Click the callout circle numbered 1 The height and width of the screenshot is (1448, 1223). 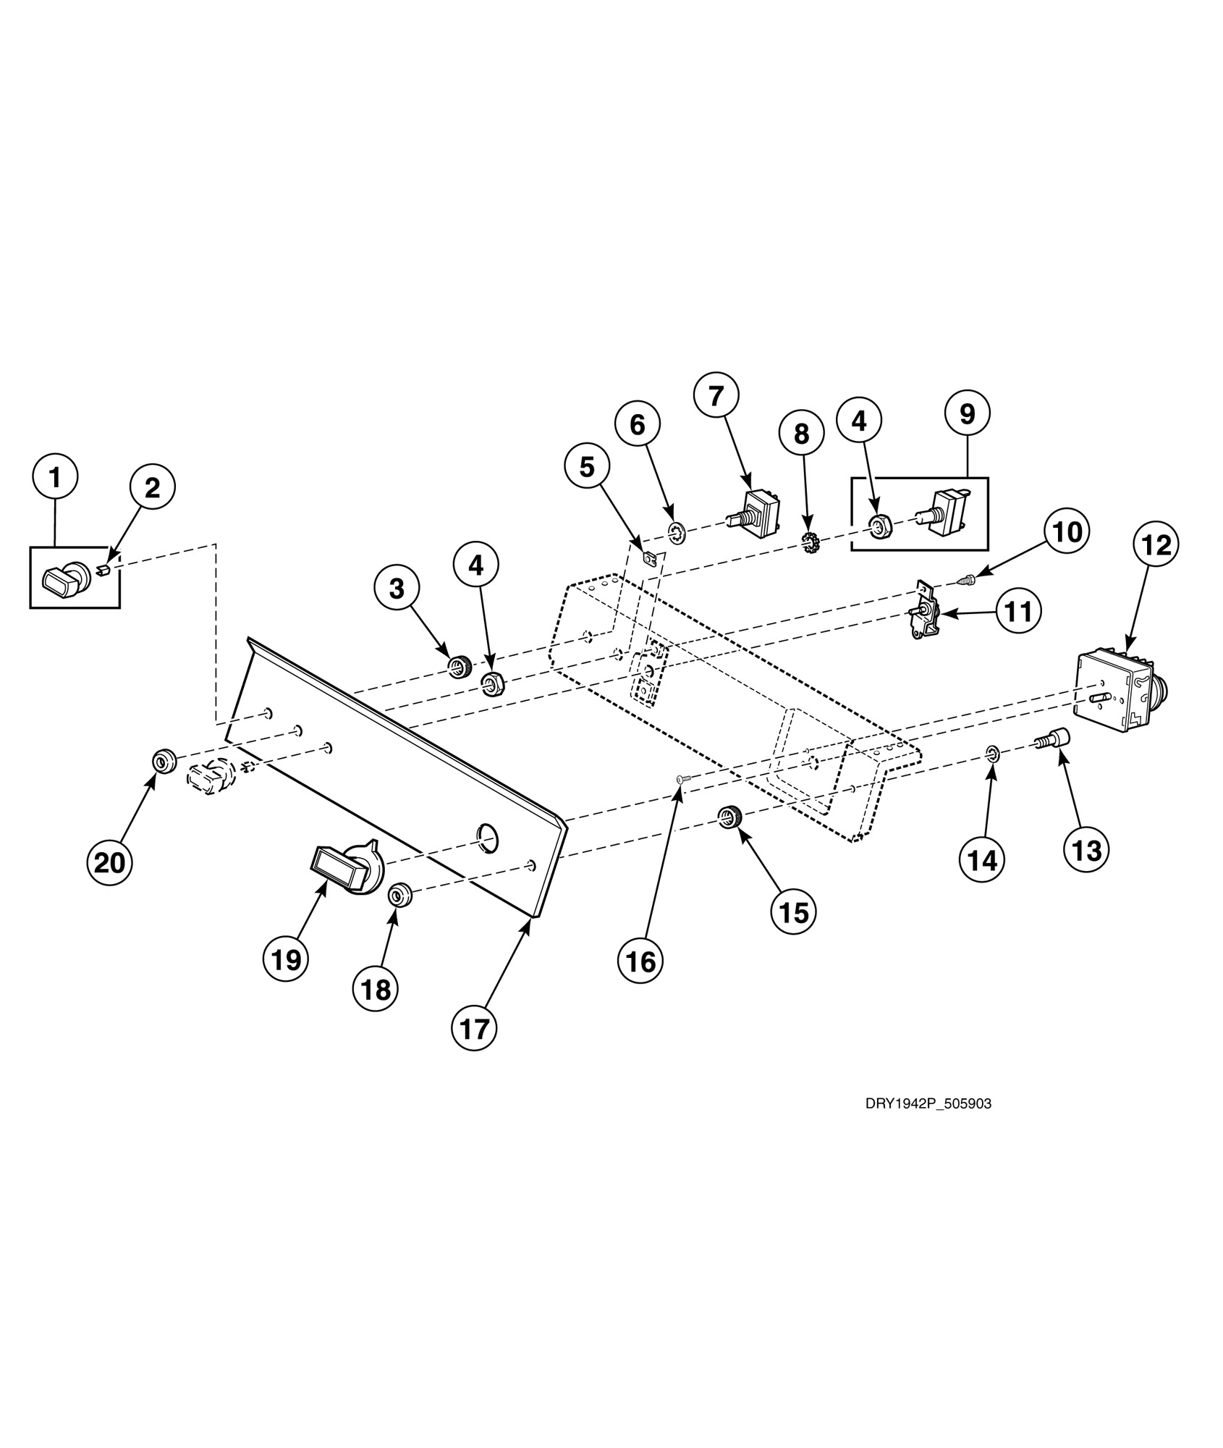point(55,476)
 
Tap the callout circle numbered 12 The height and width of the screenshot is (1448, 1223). point(1156,544)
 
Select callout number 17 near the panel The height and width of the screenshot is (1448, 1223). point(475,1027)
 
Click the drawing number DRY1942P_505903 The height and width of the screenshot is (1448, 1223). point(928,1104)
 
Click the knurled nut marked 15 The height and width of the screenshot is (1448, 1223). point(729,817)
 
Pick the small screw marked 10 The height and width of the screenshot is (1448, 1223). point(968,578)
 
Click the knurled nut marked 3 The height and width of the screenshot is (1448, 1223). point(459,665)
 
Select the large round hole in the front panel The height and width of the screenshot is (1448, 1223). point(488,835)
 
